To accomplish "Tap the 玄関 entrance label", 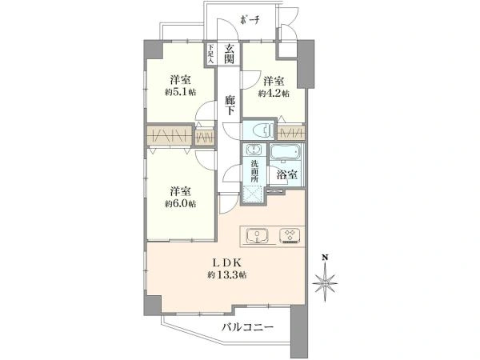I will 229,54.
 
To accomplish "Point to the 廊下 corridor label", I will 229,104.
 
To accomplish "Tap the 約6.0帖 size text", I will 180,203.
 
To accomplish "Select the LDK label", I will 226,262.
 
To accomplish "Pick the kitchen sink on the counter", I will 257,235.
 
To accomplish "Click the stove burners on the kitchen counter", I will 288,235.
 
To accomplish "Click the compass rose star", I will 326,281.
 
